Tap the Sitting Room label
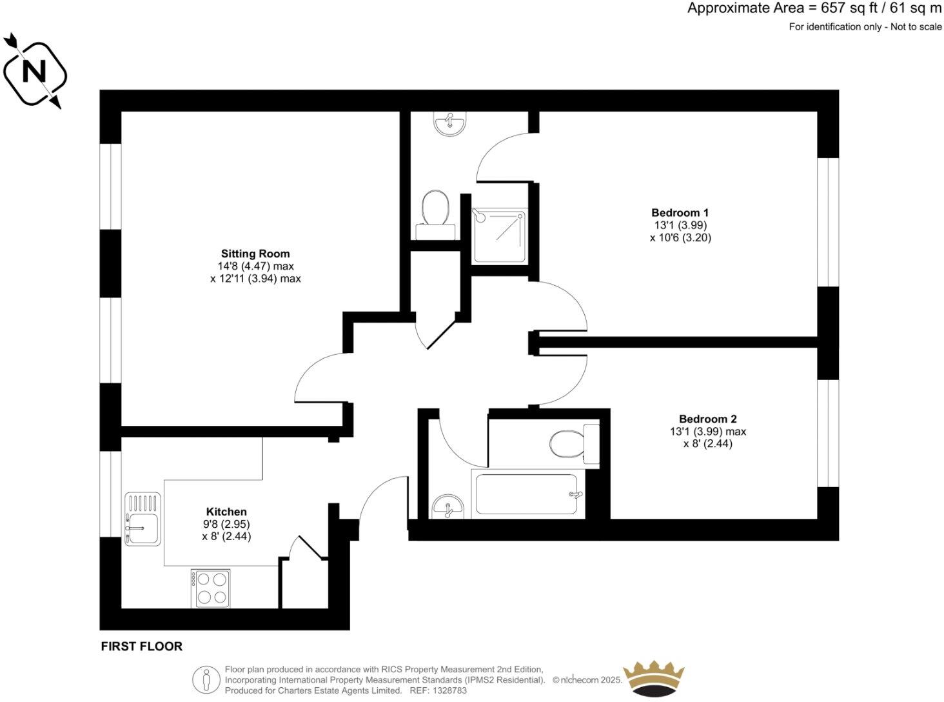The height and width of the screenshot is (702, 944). pos(255,254)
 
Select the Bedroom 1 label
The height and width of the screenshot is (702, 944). pos(680,213)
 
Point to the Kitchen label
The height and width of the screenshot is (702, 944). pos(226,512)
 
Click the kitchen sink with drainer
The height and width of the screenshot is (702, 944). pos(143,519)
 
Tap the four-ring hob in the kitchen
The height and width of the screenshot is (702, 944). pos(211,588)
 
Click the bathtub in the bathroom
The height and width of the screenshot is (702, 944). pos(527,495)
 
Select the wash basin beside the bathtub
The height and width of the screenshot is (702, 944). pos(447,507)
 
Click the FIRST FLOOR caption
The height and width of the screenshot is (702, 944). pos(141,647)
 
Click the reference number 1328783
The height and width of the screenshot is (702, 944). pos(449,690)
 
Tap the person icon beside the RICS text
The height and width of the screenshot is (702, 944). pos(206,679)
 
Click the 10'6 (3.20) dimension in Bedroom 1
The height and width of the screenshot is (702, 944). pos(680,237)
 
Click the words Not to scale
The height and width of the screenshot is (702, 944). pos(916,27)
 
